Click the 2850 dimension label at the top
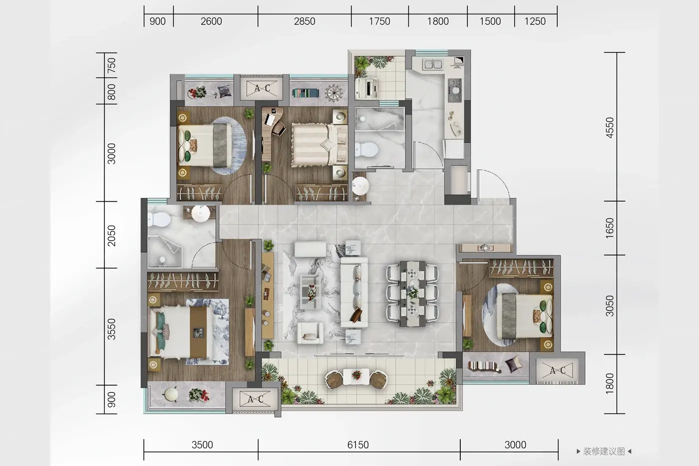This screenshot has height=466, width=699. coord(304,21)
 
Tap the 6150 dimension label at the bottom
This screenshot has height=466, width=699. coord(358,445)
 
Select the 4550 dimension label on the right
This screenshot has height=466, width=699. coord(610,127)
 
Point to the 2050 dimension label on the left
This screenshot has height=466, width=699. coord(111,236)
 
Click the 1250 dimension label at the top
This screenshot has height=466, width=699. coord(535,21)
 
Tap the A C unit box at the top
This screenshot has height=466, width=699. coord(262,88)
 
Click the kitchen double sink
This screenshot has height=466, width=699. coord(432,64)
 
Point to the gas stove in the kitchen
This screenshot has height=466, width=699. coord(455,90)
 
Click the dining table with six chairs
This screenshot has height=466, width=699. coord(412,294)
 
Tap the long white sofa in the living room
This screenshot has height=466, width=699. coord(354,292)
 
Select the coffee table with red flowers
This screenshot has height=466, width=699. coord(311,292)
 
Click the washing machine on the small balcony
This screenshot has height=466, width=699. coord(366,88)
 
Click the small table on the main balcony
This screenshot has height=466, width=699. coord(356,377)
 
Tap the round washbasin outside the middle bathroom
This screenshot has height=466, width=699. coord(360,186)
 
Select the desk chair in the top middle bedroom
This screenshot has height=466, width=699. coord(279,128)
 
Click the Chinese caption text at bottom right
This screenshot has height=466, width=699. coord(604,452)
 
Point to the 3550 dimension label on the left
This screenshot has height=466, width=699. coord(111,329)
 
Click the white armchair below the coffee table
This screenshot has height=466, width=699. coord(310,333)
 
